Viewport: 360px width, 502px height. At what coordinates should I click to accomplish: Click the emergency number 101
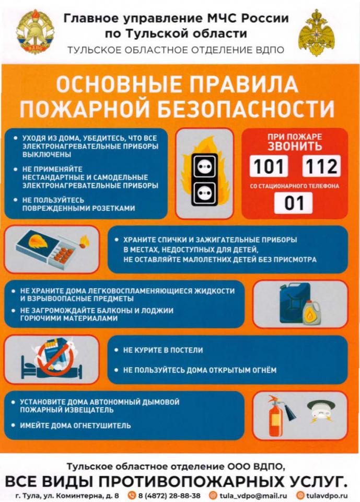pyautogui.click(x=269, y=166)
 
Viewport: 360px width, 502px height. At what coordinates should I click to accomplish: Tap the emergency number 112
pyautogui.click(x=321, y=166)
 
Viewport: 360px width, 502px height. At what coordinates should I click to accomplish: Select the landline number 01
pyautogui.click(x=294, y=203)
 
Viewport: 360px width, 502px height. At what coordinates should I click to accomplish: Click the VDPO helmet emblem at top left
pyautogui.click(x=35, y=31)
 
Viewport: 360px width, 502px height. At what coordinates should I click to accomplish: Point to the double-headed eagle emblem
pyautogui.click(x=316, y=32)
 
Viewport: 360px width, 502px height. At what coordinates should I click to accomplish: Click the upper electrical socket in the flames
pyautogui.click(x=204, y=166)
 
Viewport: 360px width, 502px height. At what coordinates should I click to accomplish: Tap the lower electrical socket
pyautogui.click(x=204, y=193)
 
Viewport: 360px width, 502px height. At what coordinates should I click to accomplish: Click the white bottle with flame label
pyautogui.click(x=311, y=313)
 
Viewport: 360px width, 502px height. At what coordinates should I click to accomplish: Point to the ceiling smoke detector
pyautogui.click(x=321, y=412)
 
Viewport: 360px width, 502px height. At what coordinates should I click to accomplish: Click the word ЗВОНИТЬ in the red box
pyautogui.click(x=295, y=146)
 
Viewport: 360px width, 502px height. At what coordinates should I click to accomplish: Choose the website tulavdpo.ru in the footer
pyautogui.click(x=327, y=496)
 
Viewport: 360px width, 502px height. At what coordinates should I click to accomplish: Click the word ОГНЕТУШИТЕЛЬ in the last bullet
pyautogui.click(x=103, y=426)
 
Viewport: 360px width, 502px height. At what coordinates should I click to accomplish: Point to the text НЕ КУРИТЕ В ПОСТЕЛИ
pyautogui.click(x=163, y=350)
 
